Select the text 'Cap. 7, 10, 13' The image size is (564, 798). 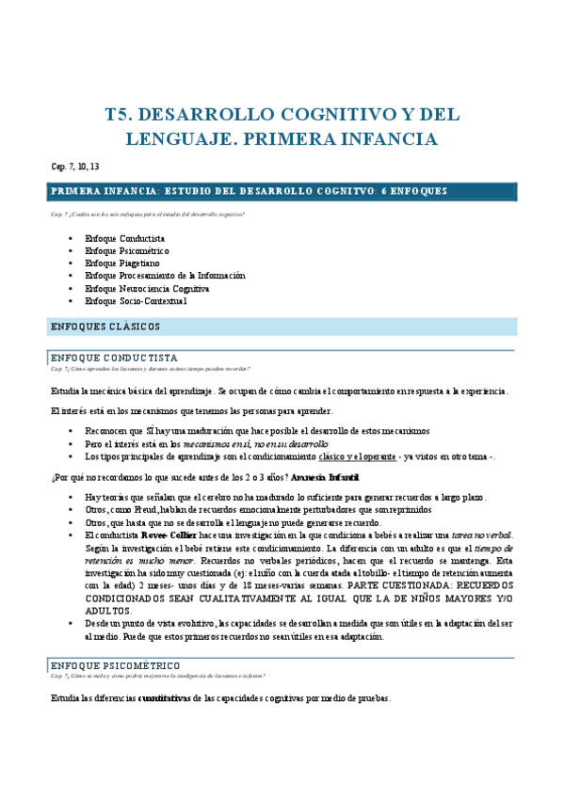coord(75,167)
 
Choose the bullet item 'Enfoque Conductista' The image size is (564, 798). coord(124,239)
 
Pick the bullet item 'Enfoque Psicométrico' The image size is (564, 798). coord(126,251)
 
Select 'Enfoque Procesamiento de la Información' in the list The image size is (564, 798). coord(165,276)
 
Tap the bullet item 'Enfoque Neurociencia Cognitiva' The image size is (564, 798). coord(147,288)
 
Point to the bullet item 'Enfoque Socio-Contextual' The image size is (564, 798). coord(136,301)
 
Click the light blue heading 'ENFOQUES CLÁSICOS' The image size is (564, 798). coord(105,327)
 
